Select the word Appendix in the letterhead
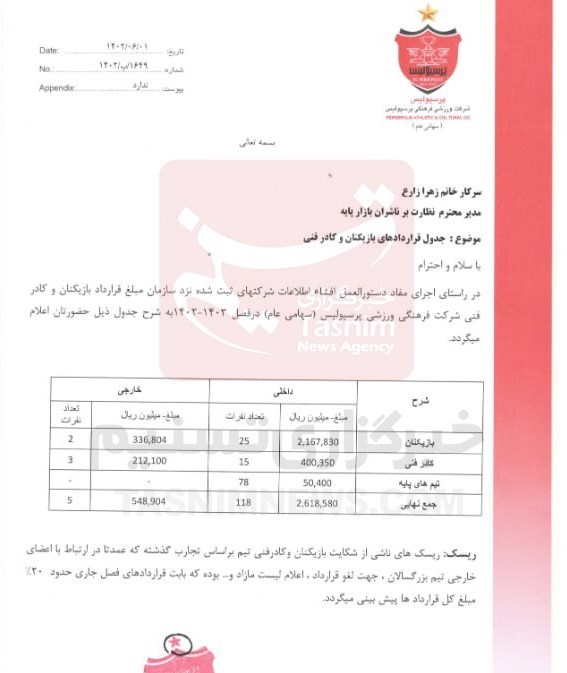coord(58,87)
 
